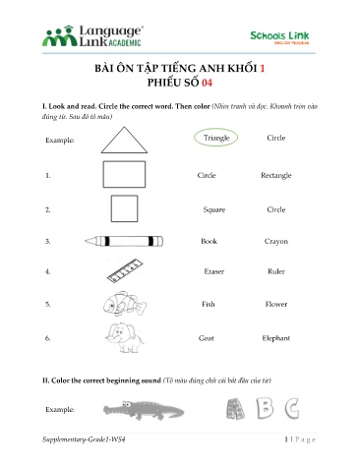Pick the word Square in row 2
(214, 209)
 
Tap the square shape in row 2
(124, 209)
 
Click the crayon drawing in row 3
(124, 240)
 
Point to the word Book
(209, 240)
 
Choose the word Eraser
(213, 270)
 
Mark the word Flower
(275, 304)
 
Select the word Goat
(207, 338)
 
